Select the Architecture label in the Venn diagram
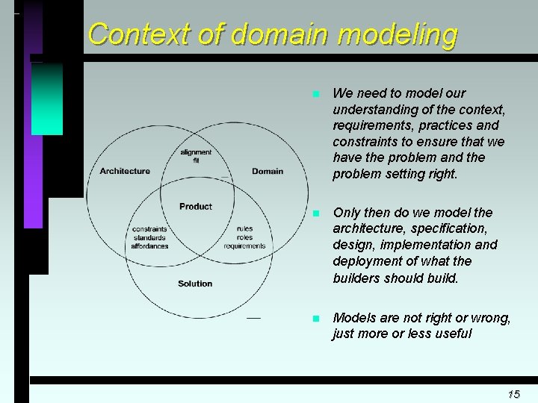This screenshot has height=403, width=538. (x=125, y=171)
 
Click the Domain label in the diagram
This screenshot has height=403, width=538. (x=268, y=171)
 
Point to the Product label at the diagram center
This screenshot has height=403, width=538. (x=196, y=206)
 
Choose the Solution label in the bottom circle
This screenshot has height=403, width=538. (x=195, y=284)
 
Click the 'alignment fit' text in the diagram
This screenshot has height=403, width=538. (x=196, y=156)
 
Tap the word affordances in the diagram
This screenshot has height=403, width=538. (x=149, y=246)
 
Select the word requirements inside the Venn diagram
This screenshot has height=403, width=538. (x=244, y=246)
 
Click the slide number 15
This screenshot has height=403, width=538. (x=513, y=393)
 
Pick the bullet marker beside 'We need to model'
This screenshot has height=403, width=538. (x=316, y=95)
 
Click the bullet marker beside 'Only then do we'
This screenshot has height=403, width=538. (x=316, y=213)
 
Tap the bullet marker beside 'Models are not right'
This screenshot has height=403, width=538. (x=316, y=319)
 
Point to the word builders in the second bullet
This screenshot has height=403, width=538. (x=356, y=278)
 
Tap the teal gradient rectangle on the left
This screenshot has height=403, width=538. (x=47, y=98)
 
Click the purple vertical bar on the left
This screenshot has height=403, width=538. (x=34, y=149)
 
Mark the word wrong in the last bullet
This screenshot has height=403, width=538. (x=490, y=318)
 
